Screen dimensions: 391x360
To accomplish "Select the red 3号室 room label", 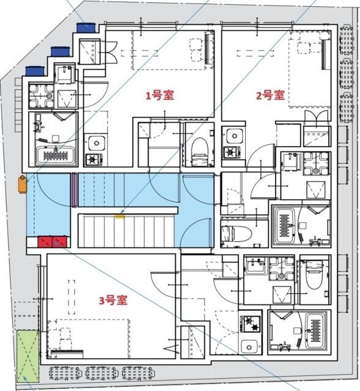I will (x=113, y=300).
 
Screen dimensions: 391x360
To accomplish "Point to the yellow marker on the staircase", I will (x=120, y=215).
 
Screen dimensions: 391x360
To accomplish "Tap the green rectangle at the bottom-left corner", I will (x=27, y=354).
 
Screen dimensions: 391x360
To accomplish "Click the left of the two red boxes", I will (x=46, y=241).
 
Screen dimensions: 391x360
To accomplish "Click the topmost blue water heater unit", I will (x=86, y=27).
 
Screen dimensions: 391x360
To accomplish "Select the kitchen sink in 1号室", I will (x=95, y=144).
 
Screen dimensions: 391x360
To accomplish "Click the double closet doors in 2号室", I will (x=315, y=116).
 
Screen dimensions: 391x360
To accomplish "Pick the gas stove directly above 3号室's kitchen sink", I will (x=251, y=323).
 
